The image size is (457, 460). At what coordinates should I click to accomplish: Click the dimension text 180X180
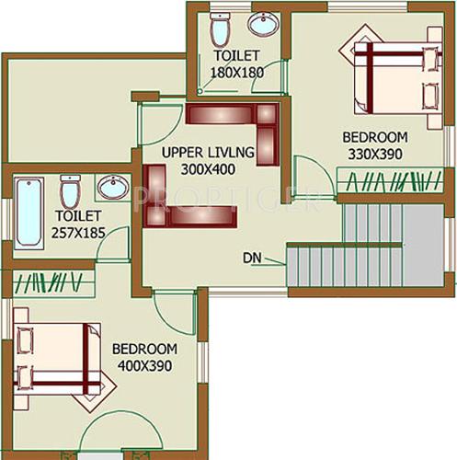tap(238, 71)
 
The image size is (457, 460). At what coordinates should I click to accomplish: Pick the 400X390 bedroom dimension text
tap(143, 365)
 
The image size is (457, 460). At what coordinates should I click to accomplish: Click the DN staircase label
tap(253, 257)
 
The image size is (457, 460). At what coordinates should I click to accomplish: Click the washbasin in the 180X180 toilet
tap(265, 24)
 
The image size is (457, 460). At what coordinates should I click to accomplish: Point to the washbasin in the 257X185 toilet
tap(112, 187)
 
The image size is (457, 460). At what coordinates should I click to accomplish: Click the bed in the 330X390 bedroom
tap(393, 80)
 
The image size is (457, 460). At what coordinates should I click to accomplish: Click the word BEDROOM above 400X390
tap(143, 350)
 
